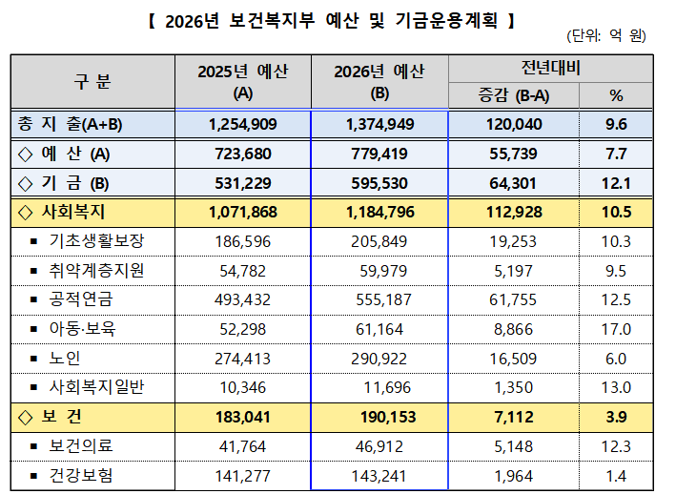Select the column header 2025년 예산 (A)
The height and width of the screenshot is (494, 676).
(x=242, y=82)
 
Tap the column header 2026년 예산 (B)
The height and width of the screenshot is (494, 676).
(x=379, y=82)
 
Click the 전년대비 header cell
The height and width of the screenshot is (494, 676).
(x=550, y=68)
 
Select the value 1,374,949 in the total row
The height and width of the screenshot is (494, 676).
(x=379, y=124)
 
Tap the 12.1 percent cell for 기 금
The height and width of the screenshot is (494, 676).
(x=616, y=183)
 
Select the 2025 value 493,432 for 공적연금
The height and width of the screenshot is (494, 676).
(x=242, y=300)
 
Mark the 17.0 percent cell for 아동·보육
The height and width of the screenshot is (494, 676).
(x=616, y=329)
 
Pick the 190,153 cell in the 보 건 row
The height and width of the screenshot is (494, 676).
(x=379, y=417)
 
